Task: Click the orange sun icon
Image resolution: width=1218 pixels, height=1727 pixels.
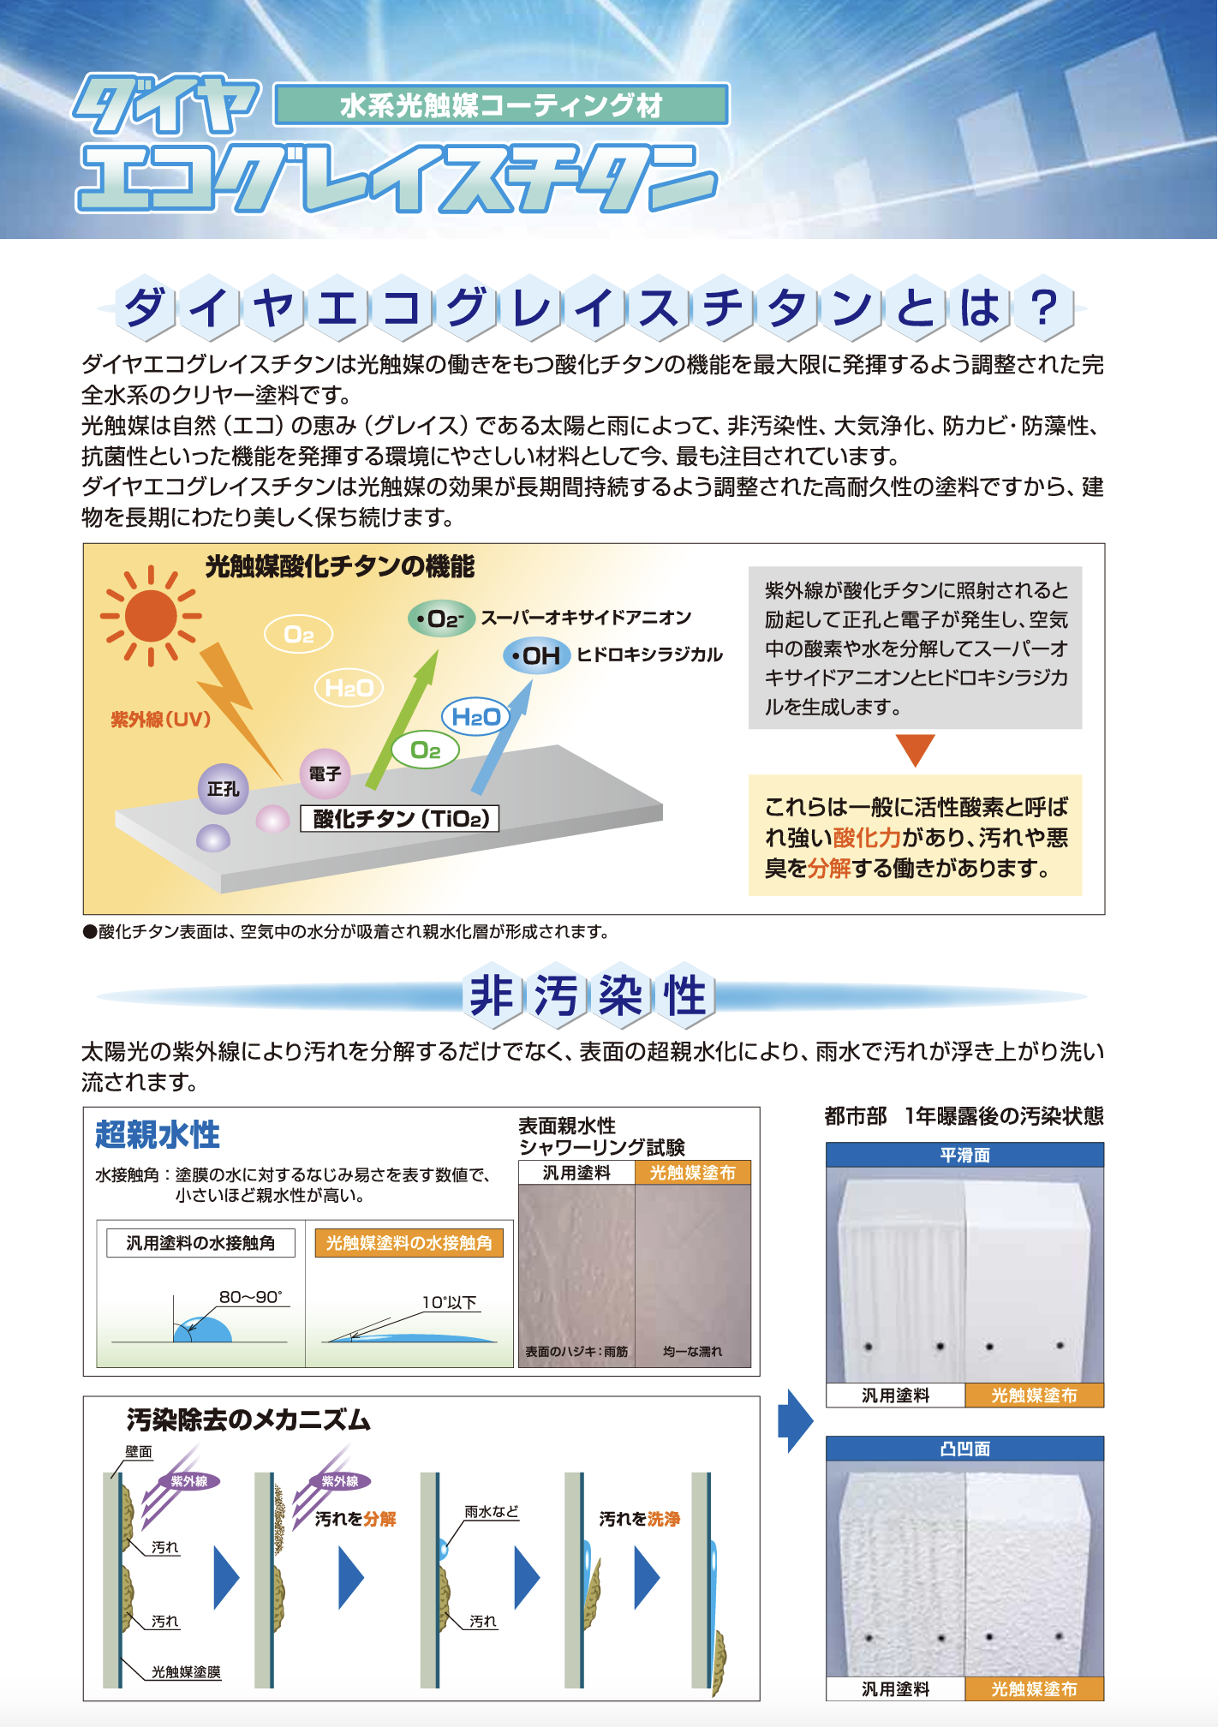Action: coord(151,616)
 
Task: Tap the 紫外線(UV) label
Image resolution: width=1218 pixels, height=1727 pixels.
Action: coord(160,720)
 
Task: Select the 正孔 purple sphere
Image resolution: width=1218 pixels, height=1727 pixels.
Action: coord(223,788)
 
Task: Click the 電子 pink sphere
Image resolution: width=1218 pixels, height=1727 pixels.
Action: coord(325,774)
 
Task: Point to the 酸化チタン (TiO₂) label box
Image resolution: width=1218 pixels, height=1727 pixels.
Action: coord(400,818)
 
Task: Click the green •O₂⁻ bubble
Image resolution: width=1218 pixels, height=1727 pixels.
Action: coord(441,618)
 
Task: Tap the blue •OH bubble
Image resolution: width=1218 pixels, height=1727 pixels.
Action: coord(536,656)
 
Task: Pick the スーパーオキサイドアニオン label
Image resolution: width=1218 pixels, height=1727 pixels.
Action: coord(586,618)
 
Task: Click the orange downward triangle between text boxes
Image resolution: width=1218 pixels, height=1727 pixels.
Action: coord(915,749)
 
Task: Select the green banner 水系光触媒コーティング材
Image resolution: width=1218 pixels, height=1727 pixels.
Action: coord(501,105)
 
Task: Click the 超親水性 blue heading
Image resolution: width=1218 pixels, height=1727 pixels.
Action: coord(158,1134)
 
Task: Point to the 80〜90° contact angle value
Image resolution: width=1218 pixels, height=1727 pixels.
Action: coord(250,1297)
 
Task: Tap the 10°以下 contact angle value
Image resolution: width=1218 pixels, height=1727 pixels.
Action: coord(450,1302)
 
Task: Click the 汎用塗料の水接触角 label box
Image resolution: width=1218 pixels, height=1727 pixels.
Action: coord(200,1243)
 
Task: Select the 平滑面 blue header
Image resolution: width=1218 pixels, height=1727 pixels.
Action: coord(964,1155)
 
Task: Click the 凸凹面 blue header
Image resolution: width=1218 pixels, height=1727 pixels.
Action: coord(964,1449)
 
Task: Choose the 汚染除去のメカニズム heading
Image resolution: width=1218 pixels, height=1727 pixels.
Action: coord(248,1419)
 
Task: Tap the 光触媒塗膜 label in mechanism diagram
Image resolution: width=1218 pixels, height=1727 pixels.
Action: coord(186,1671)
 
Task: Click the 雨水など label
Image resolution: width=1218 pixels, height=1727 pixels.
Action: coord(492,1512)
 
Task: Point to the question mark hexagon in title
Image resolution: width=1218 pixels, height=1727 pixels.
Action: coord(1043,308)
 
